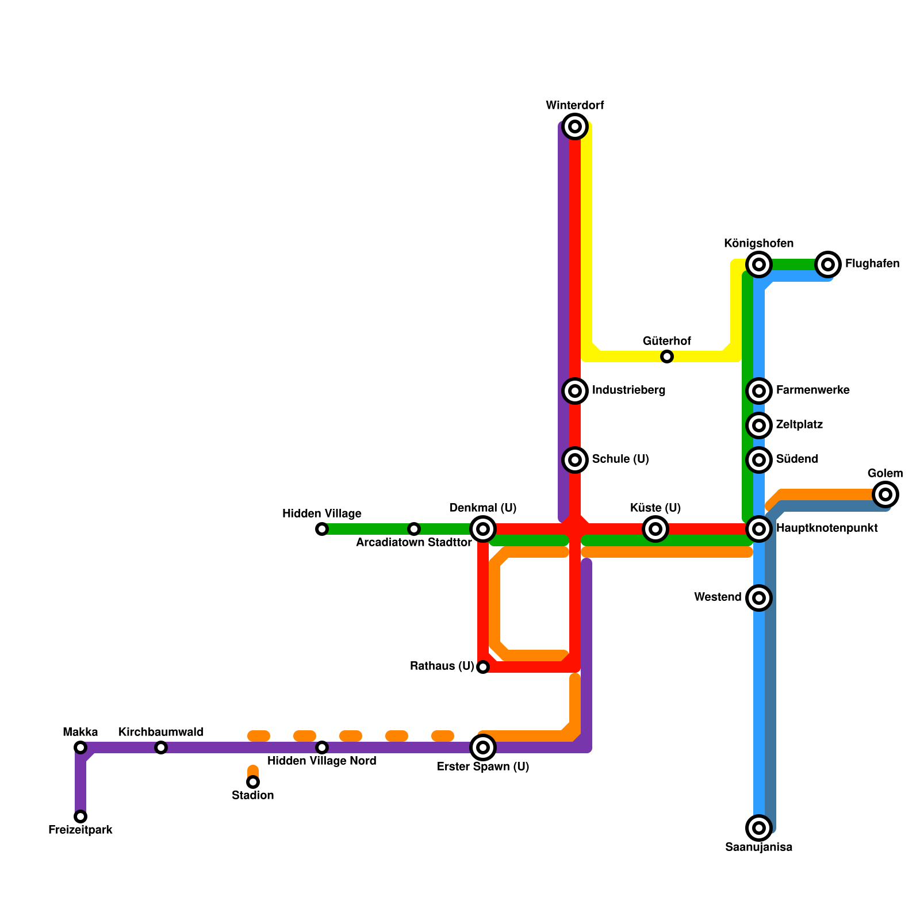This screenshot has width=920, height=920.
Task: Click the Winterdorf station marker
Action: [575, 126]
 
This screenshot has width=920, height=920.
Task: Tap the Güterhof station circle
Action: [667, 356]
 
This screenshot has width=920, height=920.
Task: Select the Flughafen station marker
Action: [828, 264]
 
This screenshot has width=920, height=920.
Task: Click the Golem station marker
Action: [885, 494]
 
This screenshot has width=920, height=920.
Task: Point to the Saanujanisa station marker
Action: [759, 828]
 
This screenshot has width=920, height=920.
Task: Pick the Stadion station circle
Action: [253, 782]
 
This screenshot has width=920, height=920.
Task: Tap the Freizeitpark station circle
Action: [80, 816]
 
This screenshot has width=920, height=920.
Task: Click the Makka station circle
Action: [80, 747]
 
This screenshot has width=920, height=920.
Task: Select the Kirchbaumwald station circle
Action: [161, 747]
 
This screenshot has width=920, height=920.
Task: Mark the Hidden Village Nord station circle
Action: [322, 747]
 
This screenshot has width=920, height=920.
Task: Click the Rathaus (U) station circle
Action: [483, 667]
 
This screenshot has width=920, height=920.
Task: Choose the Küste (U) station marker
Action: [655, 529]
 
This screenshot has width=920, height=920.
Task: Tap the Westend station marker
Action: [759, 598]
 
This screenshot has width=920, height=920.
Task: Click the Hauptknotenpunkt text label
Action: [827, 528]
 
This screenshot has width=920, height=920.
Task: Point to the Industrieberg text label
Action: [628, 390]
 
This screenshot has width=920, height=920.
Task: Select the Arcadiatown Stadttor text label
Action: [414, 543]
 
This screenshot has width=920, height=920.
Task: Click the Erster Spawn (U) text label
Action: [483, 767]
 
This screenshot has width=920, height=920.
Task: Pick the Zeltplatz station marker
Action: [759, 425]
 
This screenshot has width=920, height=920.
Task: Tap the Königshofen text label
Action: [758, 244]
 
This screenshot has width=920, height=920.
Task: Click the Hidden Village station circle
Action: [322, 529]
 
